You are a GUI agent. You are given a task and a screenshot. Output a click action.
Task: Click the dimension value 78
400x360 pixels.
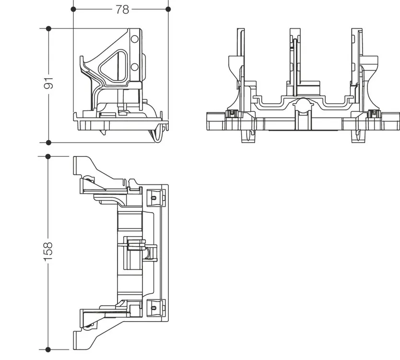[x=122, y=10]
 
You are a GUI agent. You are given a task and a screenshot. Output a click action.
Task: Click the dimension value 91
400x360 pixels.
[x=48, y=83]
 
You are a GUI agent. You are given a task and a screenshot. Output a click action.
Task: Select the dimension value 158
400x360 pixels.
[x=48, y=252]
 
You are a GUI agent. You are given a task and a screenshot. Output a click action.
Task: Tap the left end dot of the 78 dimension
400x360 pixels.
[x=73, y=9]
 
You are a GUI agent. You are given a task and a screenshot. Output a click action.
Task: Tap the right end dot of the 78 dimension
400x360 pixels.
[x=168, y=9]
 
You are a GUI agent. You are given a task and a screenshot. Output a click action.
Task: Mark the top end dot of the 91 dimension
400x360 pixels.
[x=48, y=29]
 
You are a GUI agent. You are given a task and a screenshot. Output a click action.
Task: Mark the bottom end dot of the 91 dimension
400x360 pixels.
[x=48, y=143]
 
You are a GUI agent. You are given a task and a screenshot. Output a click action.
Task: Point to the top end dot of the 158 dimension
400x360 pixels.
[x=48, y=156]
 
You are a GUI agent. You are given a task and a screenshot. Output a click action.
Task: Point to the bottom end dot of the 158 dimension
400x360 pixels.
[x=48, y=349]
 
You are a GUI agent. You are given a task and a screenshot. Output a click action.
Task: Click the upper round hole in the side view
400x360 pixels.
[x=134, y=39]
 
